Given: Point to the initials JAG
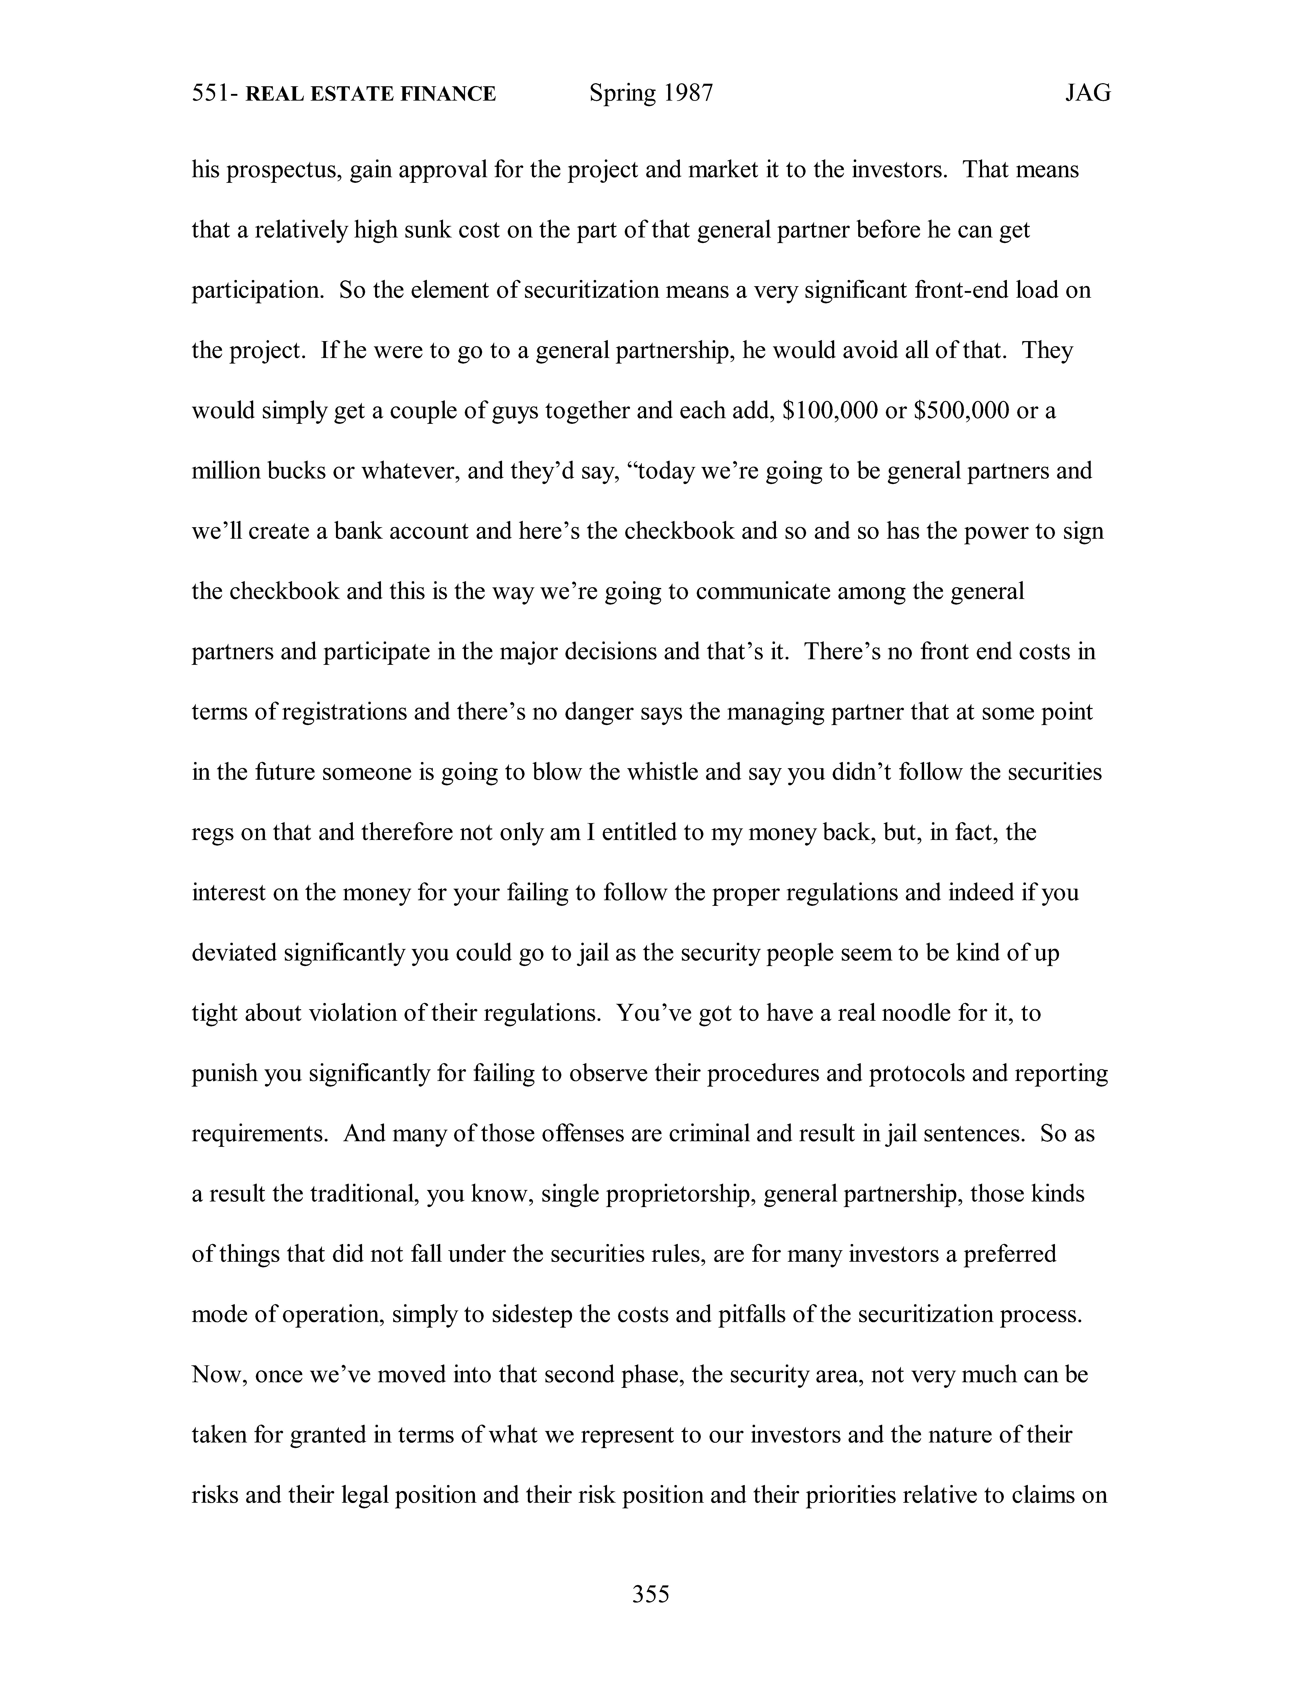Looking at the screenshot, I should [x=1088, y=93].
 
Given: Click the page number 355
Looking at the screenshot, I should [x=651, y=1593].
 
